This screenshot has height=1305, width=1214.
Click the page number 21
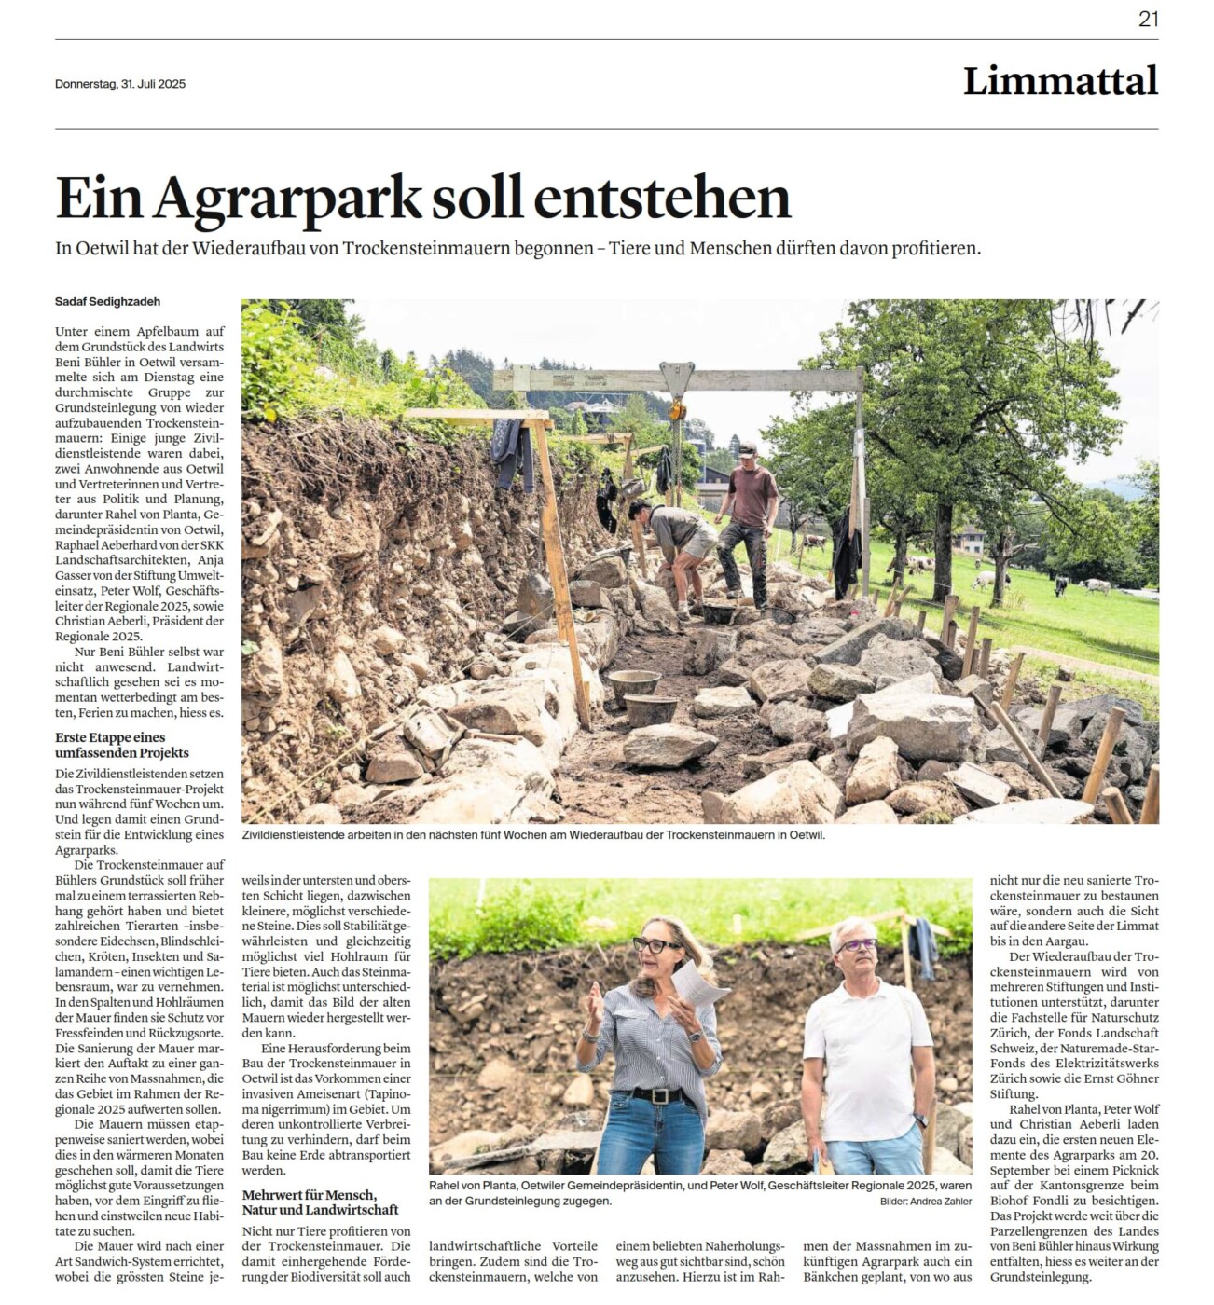pyautogui.click(x=1148, y=19)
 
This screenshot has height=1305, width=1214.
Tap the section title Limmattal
pyautogui.click(x=1060, y=81)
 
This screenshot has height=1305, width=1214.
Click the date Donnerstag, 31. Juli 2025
pyautogui.click(x=120, y=84)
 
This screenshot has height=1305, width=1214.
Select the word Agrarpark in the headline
pyautogui.click(x=289, y=199)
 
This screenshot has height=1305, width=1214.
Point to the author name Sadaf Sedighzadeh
pyautogui.click(x=107, y=301)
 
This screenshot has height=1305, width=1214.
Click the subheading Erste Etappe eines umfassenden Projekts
pyautogui.click(x=122, y=745)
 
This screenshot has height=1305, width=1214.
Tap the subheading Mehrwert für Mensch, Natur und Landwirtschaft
pyautogui.click(x=310, y=1202)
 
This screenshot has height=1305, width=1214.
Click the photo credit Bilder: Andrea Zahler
pyautogui.click(x=925, y=1202)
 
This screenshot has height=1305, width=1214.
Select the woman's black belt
pyautogui.click(x=657, y=1095)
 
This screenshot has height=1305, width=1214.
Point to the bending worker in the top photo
pyautogui.click(x=679, y=541)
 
